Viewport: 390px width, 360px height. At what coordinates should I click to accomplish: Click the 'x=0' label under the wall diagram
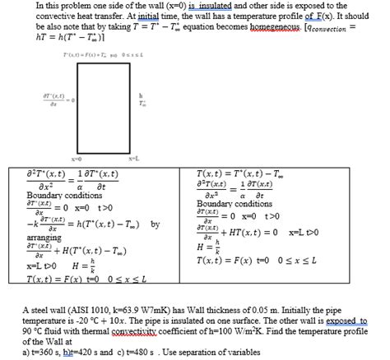click(x=77, y=158)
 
